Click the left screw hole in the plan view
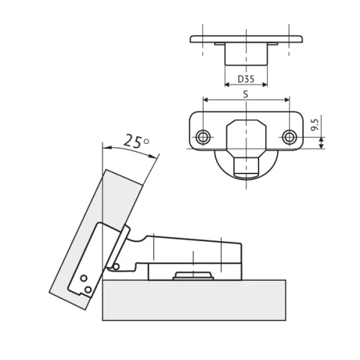point(204,137)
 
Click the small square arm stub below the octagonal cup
point(246,165)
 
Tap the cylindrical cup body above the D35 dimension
point(246,54)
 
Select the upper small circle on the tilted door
point(83,278)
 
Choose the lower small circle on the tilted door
point(88,289)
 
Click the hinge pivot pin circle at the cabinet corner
point(114,266)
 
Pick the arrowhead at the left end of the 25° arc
point(105,147)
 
